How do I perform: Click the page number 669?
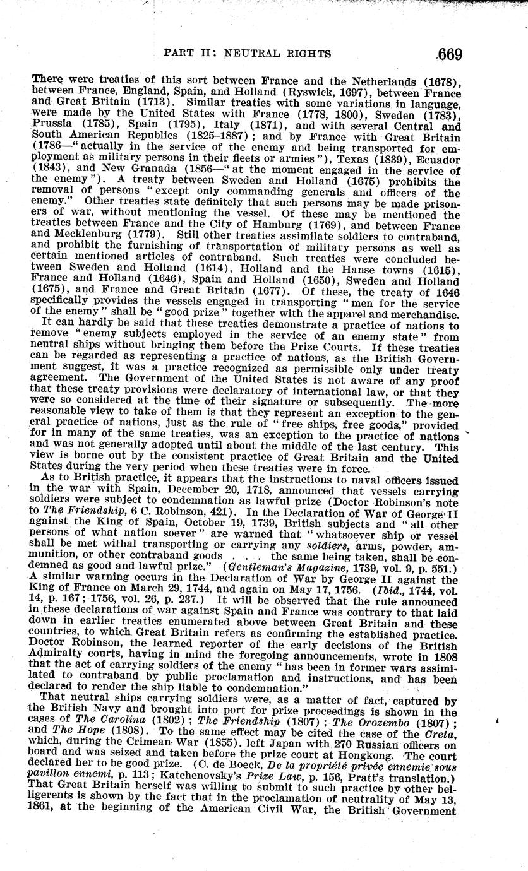click(x=449, y=54)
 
